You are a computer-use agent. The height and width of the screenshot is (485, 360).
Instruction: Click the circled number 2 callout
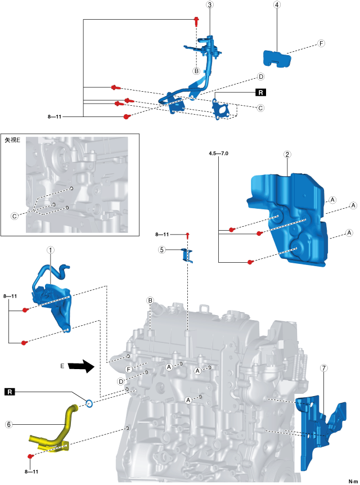(x=287, y=154)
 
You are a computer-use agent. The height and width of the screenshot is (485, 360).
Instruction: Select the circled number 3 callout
(x=210, y=5)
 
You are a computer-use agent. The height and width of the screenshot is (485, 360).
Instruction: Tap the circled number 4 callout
(x=277, y=5)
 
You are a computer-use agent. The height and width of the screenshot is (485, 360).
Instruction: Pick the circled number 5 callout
(x=162, y=249)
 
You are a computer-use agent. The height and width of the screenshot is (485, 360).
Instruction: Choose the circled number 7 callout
(x=323, y=369)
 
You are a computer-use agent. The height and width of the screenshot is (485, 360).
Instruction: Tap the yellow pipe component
(x=56, y=430)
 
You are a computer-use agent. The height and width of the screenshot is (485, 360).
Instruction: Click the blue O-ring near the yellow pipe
(x=89, y=402)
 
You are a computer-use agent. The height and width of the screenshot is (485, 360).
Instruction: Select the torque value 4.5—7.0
(x=218, y=153)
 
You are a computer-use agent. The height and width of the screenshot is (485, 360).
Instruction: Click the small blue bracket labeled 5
(x=187, y=255)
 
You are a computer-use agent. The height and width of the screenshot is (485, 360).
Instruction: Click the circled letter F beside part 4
(x=321, y=43)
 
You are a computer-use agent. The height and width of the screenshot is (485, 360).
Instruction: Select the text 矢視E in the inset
(x=12, y=140)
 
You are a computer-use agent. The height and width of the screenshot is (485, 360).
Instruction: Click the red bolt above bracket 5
(x=187, y=234)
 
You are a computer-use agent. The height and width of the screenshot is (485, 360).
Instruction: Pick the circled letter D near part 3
(x=260, y=77)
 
